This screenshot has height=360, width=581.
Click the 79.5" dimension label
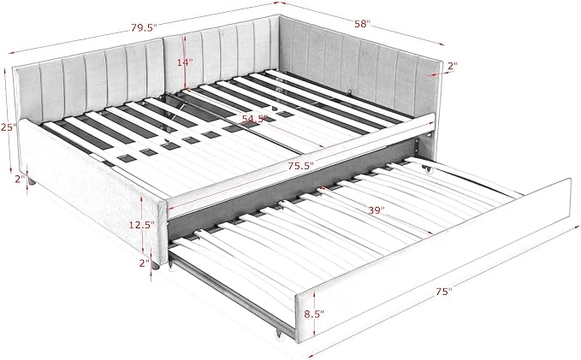tap(144, 27)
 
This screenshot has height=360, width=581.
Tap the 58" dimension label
tap(363, 24)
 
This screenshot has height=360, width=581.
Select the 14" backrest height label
tap(185, 62)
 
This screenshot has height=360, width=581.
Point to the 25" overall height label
tap(9, 127)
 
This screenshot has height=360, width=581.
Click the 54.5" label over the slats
tap(254, 119)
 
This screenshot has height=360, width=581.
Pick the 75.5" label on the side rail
tap(301, 166)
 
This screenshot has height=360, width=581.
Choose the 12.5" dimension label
tap(141, 224)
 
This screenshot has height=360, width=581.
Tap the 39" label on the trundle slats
tap(376, 210)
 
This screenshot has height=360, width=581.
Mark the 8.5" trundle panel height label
tap(314, 314)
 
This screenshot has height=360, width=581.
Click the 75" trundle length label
tap(444, 292)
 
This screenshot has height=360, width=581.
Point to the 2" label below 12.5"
tap(144, 263)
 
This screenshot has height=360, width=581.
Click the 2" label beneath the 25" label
tap(20, 179)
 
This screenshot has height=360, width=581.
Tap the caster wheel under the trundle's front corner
tap(277, 335)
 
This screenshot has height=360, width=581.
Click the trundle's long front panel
tap(434, 261)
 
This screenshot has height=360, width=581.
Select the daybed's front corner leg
tap(156, 266)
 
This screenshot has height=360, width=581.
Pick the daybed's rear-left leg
tap(32, 182)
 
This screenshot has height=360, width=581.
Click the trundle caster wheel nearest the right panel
tap(429, 170)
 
